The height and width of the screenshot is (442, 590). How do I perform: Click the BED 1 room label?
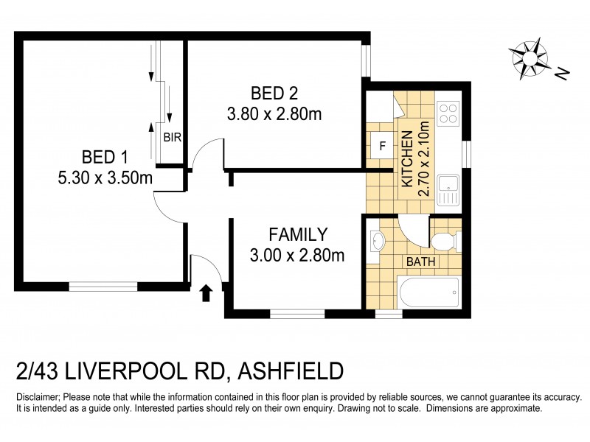105,157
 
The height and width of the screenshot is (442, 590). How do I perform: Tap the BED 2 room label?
274,94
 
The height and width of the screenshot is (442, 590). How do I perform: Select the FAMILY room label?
297,235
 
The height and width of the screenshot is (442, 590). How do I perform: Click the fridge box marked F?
382,145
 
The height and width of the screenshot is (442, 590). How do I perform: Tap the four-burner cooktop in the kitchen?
448,113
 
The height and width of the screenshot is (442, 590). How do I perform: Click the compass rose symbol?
529,57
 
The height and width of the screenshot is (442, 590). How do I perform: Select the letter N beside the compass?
562,73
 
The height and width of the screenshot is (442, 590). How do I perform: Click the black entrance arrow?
206,293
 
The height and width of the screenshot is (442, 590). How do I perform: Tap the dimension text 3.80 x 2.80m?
274,114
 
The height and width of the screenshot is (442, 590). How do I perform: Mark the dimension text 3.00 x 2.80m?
297,256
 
